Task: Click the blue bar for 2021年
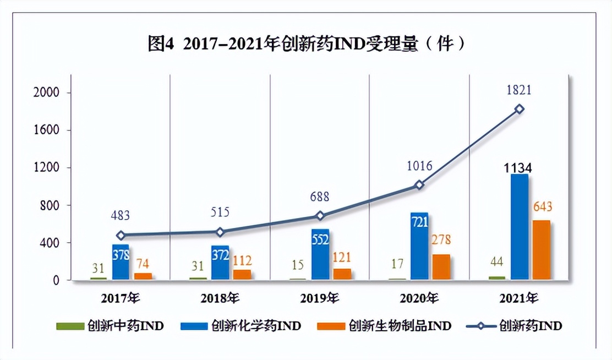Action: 519,227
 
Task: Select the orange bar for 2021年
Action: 541,250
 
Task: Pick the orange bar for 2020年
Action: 441,267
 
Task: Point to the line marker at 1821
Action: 519,109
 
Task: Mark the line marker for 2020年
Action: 419,185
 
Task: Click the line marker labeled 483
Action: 121,235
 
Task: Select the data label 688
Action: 320,195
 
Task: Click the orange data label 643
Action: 542,208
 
